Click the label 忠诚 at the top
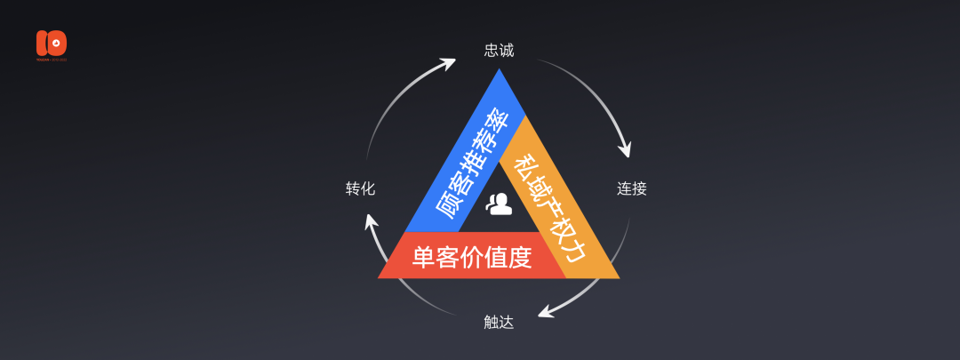click(499, 50)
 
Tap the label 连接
click(631, 188)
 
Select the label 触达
click(499, 323)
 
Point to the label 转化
click(360, 188)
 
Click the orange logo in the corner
click(52, 44)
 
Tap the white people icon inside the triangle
click(500, 204)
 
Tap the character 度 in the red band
click(519, 258)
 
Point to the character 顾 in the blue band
click(447, 212)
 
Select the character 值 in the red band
click(494, 258)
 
